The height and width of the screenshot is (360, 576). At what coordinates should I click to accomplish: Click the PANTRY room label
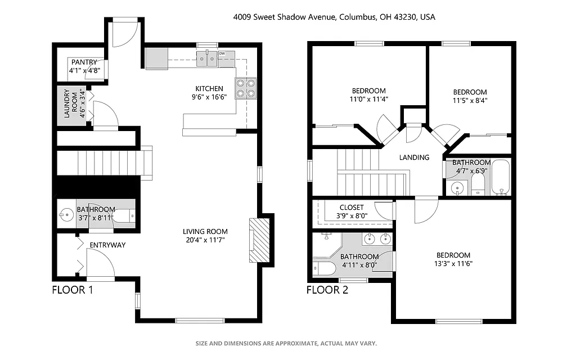pos(83,62)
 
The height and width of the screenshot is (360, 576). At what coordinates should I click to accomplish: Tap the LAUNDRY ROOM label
pos(66,103)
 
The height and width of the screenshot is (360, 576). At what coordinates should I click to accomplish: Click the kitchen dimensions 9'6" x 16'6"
pos(209,97)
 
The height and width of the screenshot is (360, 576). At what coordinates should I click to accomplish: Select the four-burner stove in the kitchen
pos(245,88)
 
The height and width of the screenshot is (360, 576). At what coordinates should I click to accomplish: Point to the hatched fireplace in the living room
pos(259,240)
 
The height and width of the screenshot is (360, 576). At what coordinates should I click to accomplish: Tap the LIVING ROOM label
pos(205,231)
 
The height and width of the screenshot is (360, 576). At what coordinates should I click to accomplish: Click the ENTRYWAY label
pos(107,245)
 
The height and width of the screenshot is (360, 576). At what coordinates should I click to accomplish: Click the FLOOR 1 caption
pos(72,290)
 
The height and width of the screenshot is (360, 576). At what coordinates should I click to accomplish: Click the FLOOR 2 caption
pos(327,290)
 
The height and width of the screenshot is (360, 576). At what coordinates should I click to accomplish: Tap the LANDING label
pos(414,157)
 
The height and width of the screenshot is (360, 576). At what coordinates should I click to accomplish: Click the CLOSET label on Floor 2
pos(352,208)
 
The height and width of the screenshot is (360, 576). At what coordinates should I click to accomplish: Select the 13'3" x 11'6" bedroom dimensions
pos(453,263)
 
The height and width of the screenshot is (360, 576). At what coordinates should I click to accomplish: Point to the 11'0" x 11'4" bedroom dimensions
pos(369,99)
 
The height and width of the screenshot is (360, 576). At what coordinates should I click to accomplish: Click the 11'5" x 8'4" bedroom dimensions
pos(470,101)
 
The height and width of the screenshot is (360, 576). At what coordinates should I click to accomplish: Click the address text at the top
pos(334,17)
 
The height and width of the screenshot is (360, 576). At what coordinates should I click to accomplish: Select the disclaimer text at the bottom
pos(286,343)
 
